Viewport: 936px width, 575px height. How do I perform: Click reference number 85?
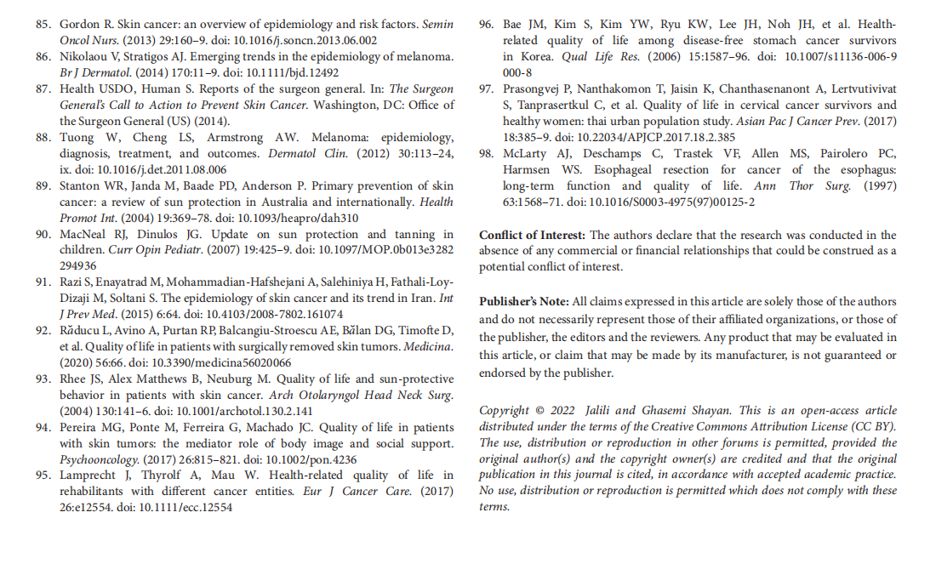point(43,25)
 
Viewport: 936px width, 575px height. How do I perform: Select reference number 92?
point(43,331)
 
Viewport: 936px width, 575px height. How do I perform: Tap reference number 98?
point(487,154)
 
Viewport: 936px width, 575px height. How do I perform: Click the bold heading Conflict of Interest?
point(532,235)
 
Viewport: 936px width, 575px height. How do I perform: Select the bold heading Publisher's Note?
point(524,301)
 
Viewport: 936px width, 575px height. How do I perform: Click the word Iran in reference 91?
point(418,298)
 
